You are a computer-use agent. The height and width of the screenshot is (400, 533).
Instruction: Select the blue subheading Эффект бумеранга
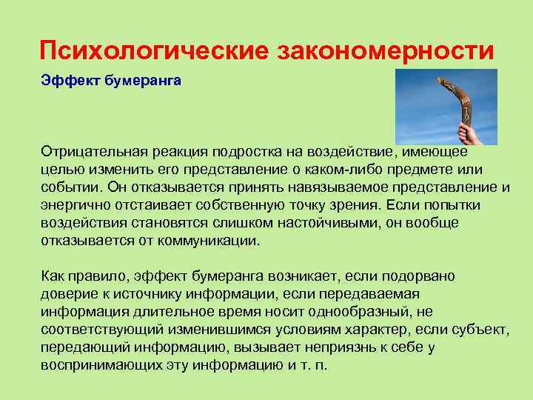coord(111,79)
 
